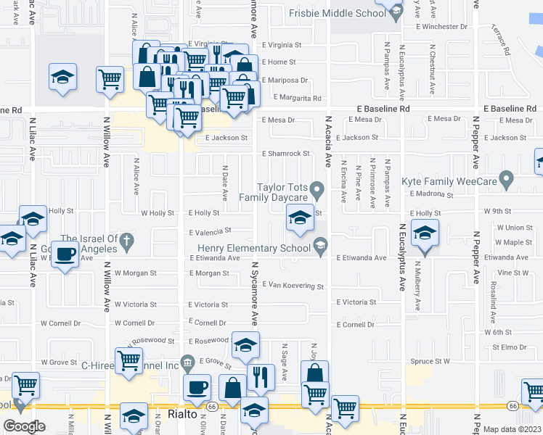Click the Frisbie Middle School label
[x=338, y=13]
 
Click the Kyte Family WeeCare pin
[x=507, y=178]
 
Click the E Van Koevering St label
[x=293, y=286]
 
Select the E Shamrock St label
[x=285, y=154]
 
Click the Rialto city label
[x=181, y=414]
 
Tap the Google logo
[x=25, y=426]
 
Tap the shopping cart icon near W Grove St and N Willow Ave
[x=129, y=360]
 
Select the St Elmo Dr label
[x=508, y=347]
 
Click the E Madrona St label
[x=430, y=194]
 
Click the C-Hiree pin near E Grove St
[x=187, y=361]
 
